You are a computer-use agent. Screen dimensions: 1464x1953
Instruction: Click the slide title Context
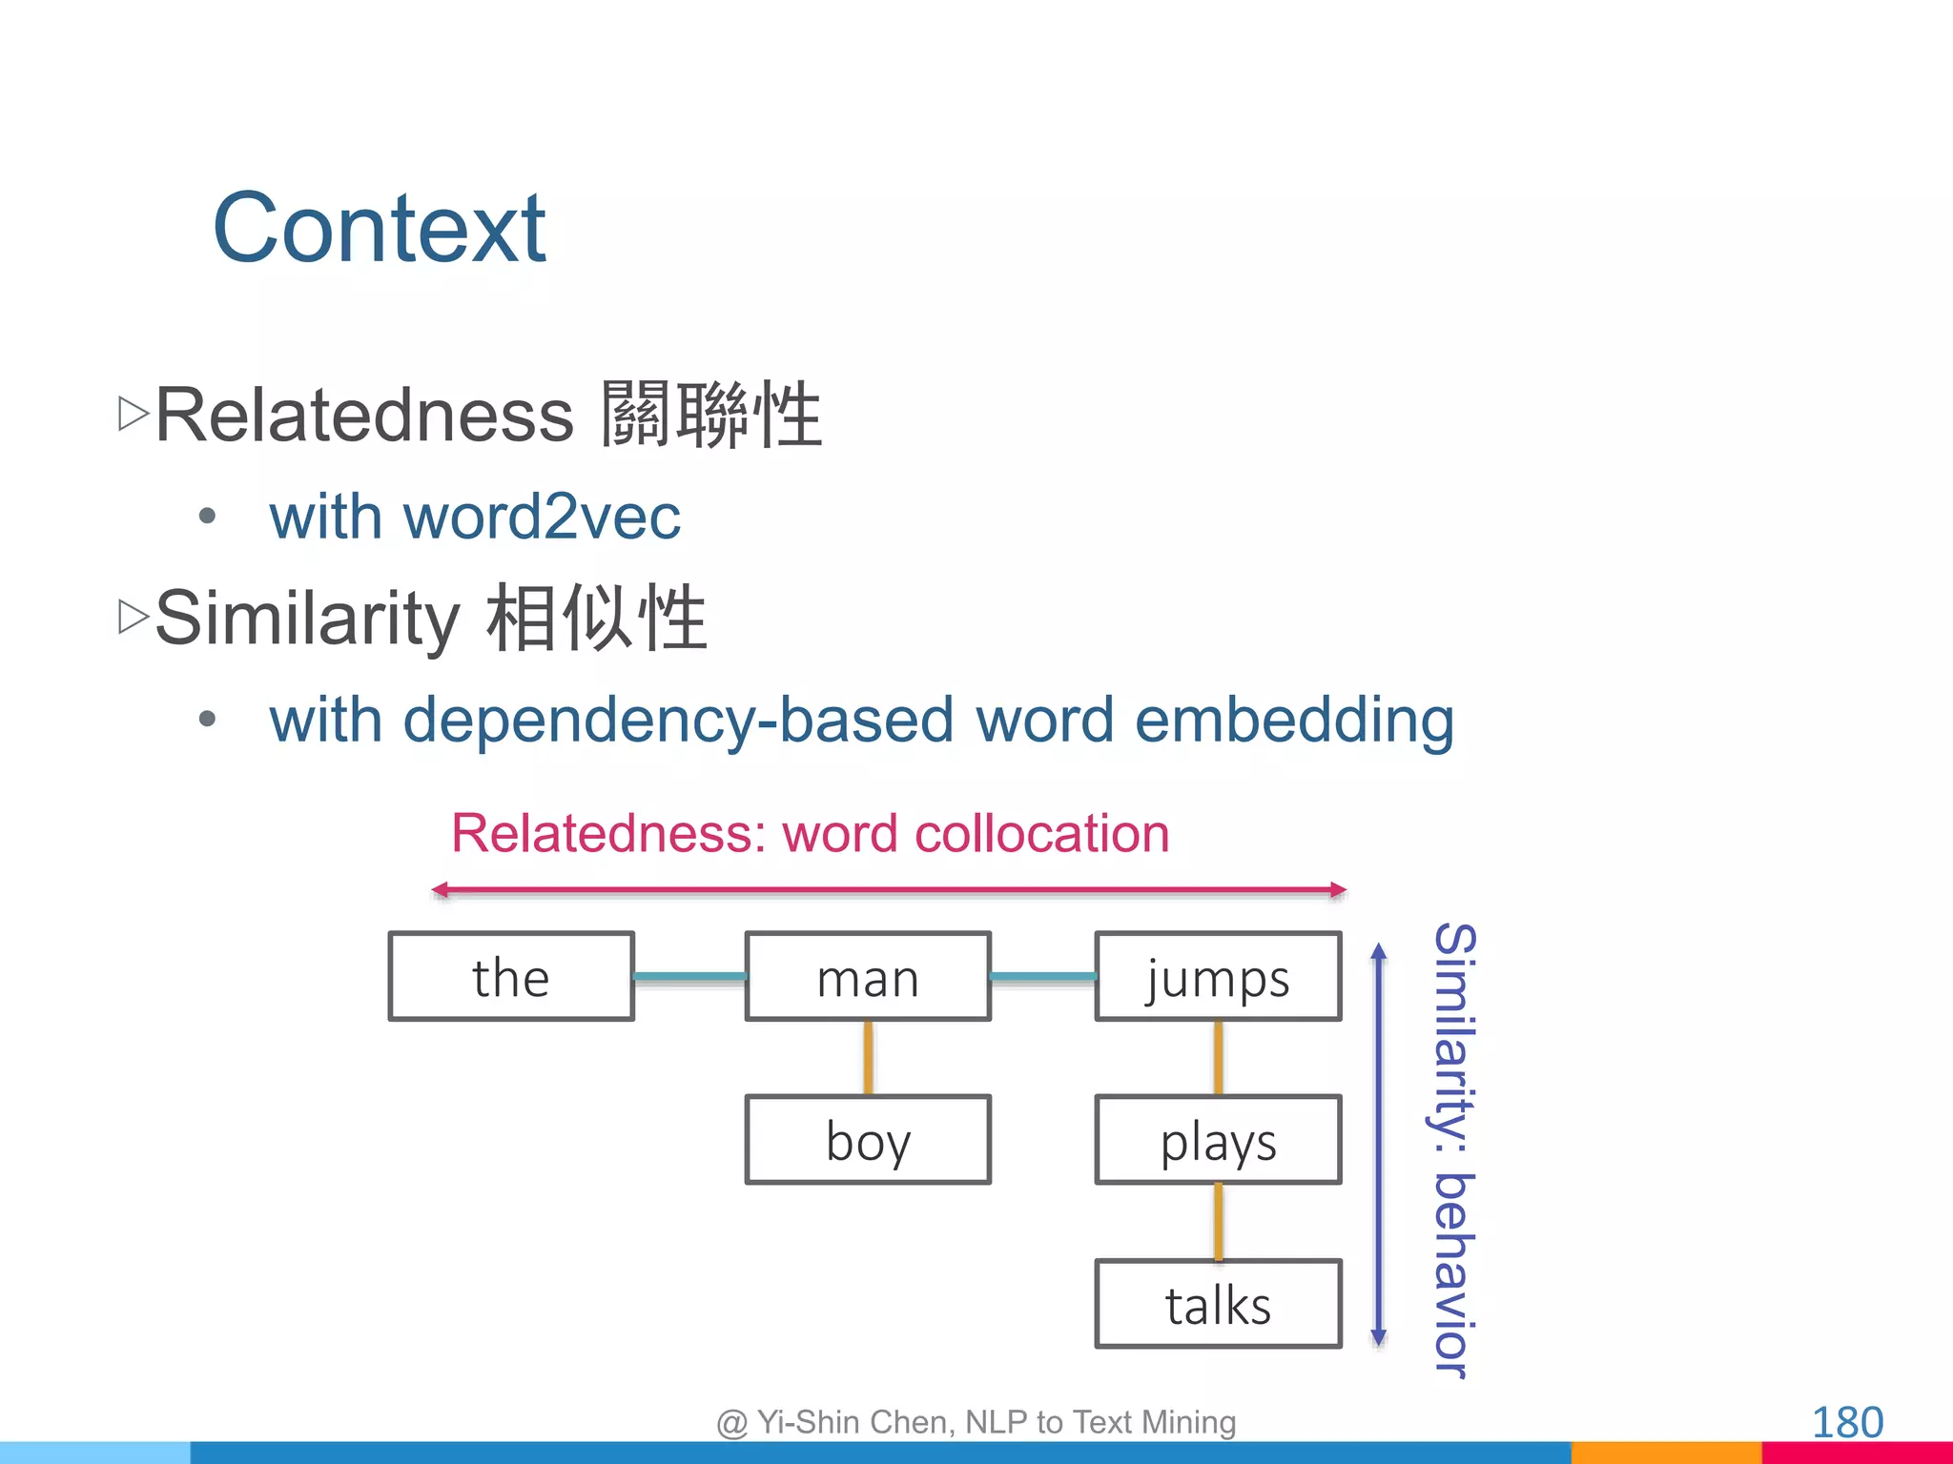[379, 229]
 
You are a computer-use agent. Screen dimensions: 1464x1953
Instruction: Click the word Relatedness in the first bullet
[364, 416]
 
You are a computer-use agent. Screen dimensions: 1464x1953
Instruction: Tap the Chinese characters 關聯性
[711, 416]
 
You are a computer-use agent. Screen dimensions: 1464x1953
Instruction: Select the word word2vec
[542, 518]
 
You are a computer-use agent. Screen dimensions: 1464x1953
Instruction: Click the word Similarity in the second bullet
[307, 619]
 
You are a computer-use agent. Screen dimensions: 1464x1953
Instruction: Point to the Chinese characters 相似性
[597, 619]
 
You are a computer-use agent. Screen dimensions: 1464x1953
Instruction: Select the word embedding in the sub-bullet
[1294, 720]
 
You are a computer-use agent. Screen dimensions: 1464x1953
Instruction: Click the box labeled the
[511, 977]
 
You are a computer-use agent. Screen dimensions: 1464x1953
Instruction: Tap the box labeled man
[868, 977]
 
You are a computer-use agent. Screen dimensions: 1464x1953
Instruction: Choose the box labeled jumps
[1218, 977]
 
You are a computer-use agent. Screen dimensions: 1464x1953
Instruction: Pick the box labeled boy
[868, 1140]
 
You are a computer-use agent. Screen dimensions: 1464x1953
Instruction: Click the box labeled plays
[1218, 1140]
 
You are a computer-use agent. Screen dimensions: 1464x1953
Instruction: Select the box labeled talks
[1218, 1304]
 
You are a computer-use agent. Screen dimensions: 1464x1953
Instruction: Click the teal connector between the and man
[689, 976]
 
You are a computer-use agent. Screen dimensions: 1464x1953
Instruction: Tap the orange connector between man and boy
[868, 1058]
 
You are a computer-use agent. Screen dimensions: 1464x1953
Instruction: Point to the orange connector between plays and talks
[1218, 1222]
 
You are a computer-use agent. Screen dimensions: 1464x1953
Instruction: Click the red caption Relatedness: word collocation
[810, 834]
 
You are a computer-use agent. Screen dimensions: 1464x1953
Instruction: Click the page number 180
[1846, 1423]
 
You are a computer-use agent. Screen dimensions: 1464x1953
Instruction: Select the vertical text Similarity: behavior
[1454, 1149]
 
